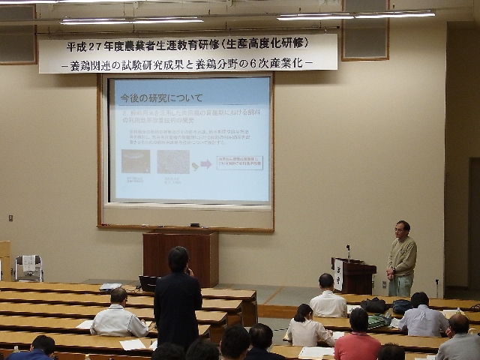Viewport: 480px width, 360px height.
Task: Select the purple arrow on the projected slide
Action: coord(205,163)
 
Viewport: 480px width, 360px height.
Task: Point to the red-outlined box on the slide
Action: coord(239,162)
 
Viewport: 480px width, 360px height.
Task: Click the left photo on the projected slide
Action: coord(135,160)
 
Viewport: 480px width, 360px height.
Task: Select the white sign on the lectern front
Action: coord(339,275)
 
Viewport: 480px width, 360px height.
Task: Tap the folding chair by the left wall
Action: coord(28,268)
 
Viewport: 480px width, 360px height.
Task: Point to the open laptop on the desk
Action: coord(148,283)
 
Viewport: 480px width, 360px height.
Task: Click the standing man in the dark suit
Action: coord(178,300)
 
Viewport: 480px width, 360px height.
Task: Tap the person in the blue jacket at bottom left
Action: coord(34,350)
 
